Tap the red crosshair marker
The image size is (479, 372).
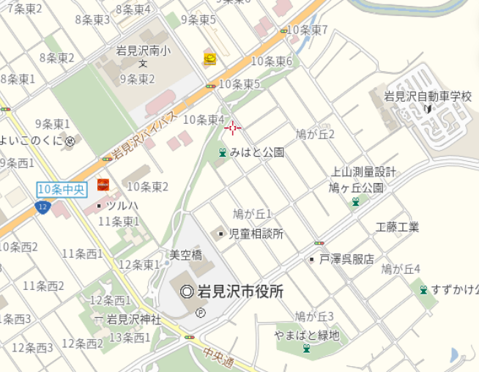point(233,128)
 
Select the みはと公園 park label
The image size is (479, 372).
point(256,153)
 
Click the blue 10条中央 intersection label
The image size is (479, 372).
point(62,190)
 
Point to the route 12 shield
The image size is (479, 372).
point(42,208)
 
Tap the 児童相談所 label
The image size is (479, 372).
point(256,234)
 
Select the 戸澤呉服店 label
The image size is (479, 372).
point(346,259)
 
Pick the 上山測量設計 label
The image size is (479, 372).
point(364,172)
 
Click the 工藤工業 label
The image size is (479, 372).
point(398,227)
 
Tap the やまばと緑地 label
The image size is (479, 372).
point(307,335)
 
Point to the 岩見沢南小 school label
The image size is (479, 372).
point(144,51)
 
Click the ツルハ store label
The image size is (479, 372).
point(122,206)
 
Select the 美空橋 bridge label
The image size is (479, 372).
point(185,254)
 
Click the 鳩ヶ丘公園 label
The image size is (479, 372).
point(356,187)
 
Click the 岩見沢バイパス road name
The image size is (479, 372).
point(144,136)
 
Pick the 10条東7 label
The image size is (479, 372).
point(307,30)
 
